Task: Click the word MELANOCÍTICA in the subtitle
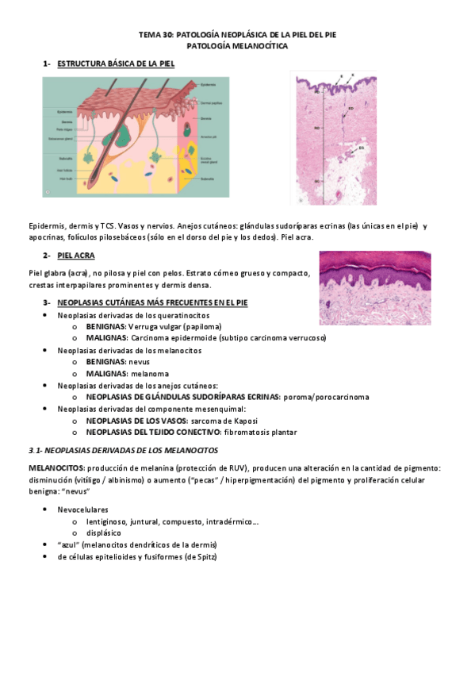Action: (261, 47)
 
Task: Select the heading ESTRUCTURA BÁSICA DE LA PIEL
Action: (116, 63)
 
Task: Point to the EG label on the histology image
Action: (358, 147)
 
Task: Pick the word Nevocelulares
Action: (82, 510)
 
